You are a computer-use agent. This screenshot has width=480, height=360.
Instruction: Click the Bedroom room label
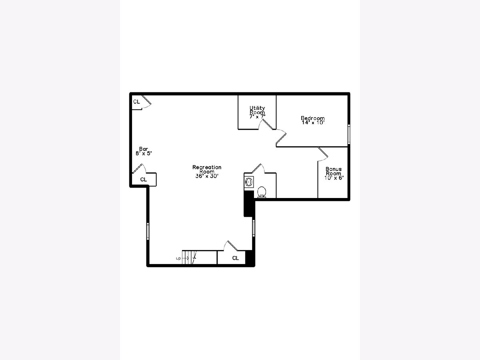(312, 118)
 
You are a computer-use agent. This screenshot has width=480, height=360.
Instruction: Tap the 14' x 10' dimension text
(313, 123)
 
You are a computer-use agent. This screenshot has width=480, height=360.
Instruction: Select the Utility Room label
(257, 110)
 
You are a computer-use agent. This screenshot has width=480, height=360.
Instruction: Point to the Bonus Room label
(334, 171)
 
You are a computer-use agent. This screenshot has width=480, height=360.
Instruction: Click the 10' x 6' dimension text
(334, 178)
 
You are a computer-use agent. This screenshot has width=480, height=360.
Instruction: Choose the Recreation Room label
(207, 169)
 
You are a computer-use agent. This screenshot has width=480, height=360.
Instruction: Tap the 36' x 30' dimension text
(207, 176)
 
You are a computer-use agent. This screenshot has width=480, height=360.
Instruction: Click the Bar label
(144, 149)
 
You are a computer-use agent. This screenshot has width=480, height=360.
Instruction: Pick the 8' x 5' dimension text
(144, 154)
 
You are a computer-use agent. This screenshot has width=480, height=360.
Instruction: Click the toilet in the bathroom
(262, 192)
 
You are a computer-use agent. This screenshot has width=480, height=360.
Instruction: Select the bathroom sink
(249, 182)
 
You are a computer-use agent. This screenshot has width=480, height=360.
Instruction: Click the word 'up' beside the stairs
(178, 258)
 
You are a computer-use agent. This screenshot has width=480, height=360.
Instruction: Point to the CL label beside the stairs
(236, 258)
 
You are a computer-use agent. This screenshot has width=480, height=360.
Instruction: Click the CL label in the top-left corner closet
(136, 102)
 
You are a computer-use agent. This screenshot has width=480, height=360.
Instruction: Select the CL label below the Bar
(144, 180)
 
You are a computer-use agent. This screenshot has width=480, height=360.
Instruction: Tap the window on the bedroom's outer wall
(349, 134)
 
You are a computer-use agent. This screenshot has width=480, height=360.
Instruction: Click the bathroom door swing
(258, 168)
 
